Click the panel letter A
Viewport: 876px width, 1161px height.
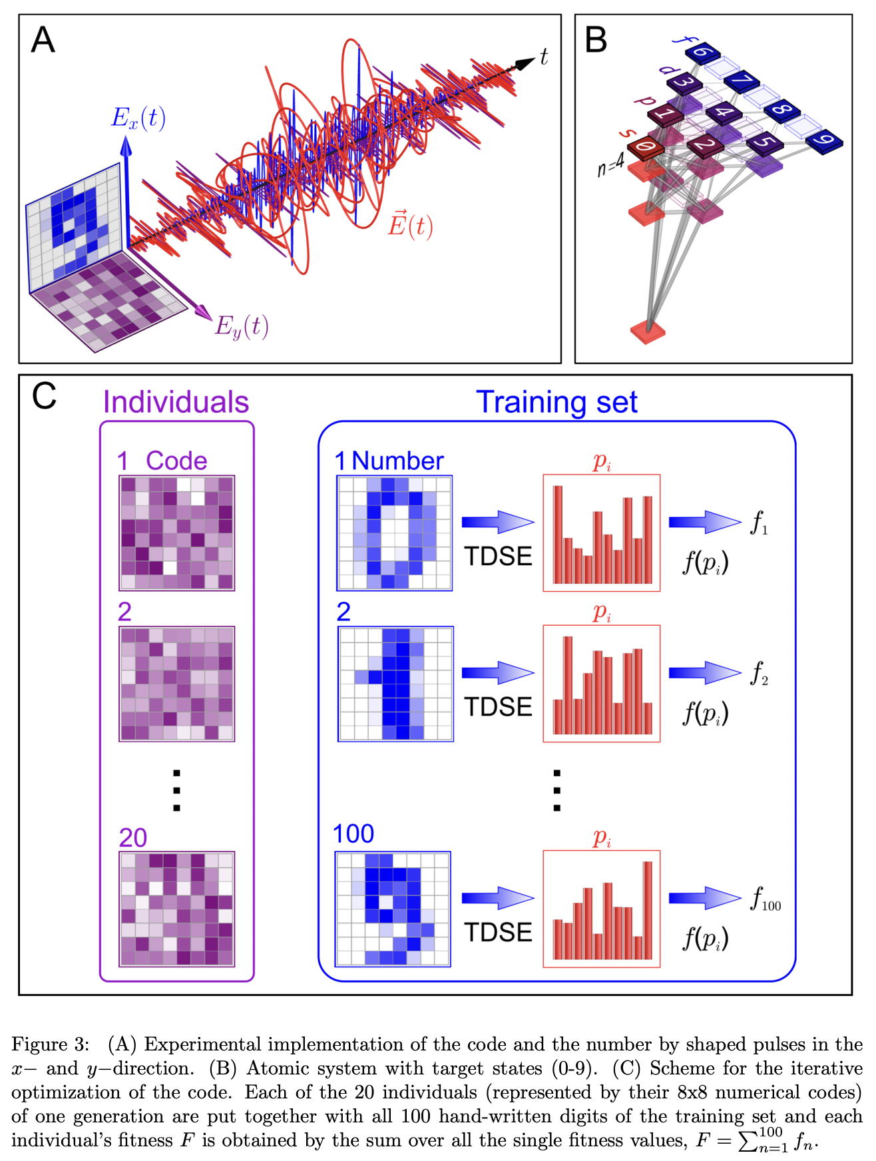(x=43, y=40)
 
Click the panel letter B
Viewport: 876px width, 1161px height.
(x=596, y=40)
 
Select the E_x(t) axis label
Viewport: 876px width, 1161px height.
(x=138, y=118)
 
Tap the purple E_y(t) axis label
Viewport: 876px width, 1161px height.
(x=242, y=327)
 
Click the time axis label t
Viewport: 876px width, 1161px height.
(x=544, y=57)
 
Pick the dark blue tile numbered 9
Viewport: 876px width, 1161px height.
(x=824, y=140)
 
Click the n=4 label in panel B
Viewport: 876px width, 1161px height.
(x=610, y=164)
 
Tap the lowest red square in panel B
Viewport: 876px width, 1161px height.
(x=648, y=330)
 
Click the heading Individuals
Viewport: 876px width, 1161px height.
(x=176, y=403)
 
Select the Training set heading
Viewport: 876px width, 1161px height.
(x=556, y=403)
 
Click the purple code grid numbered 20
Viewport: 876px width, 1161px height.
(x=176, y=909)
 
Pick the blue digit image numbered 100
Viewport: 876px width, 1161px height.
(x=393, y=909)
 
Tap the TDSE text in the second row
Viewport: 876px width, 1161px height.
(x=498, y=707)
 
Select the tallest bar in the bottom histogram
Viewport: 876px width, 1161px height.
(x=647, y=909)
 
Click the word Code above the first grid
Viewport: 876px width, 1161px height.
(x=176, y=461)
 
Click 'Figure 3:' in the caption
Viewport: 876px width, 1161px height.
(x=50, y=1044)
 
